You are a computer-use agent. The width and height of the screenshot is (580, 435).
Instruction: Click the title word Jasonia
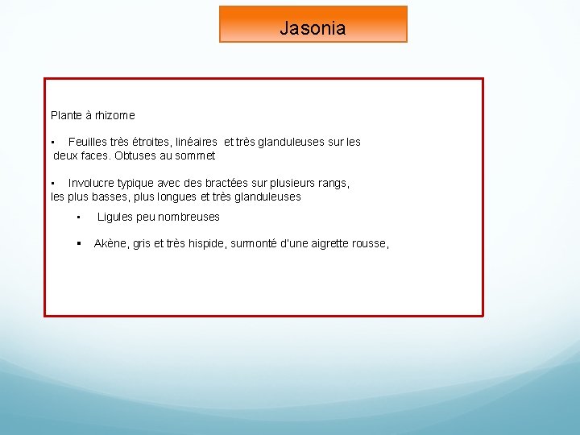tap(313, 28)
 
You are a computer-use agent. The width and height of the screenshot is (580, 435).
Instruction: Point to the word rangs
tap(332, 183)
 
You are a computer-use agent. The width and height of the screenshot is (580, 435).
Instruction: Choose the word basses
tap(111, 197)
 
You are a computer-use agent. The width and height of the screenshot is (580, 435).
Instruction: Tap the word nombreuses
tap(188, 217)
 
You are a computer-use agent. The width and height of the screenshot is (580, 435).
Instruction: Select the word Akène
tap(110, 243)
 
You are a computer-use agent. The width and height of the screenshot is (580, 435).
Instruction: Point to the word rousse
tap(370, 243)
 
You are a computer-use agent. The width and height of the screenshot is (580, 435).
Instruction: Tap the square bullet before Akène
tap(79, 243)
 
